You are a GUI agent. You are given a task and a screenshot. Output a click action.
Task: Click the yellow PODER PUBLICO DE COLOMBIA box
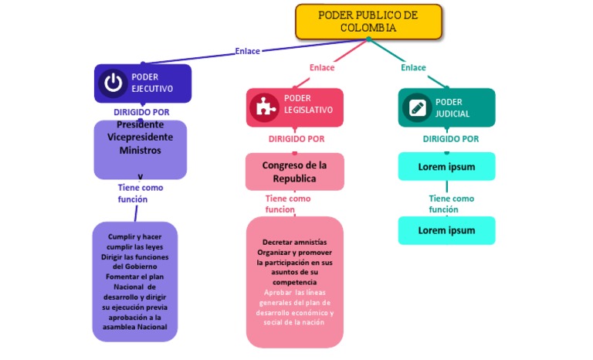click(368, 22)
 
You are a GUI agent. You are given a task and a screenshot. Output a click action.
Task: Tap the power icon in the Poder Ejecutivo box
click(114, 83)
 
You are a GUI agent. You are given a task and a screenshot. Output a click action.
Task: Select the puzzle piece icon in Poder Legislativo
click(265, 107)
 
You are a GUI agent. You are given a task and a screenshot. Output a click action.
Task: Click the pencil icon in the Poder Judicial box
click(418, 107)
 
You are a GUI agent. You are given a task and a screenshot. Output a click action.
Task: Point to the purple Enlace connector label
click(247, 52)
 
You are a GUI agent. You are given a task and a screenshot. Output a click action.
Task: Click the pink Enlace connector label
click(322, 68)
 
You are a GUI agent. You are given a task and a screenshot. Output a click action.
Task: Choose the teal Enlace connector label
click(413, 68)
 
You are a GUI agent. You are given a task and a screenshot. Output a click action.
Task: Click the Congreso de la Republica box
click(294, 172)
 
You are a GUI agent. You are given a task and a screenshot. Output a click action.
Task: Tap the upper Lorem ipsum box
click(446, 166)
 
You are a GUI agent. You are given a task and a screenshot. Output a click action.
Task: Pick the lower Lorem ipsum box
click(446, 230)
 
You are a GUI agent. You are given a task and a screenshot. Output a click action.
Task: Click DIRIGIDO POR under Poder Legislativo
click(296, 139)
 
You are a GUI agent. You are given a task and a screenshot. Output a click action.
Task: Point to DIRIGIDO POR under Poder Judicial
click(450, 139)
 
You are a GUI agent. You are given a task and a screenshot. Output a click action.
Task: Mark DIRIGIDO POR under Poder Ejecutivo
click(141, 112)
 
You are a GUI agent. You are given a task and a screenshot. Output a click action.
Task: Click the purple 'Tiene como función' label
click(140, 193)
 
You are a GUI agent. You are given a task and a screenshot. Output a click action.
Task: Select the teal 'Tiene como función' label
click(451, 204)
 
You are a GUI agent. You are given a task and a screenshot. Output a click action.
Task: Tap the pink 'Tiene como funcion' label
click(287, 204)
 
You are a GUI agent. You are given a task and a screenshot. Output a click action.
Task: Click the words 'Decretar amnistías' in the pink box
click(294, 242)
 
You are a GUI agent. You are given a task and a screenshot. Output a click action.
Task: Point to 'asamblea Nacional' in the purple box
click(134, 327)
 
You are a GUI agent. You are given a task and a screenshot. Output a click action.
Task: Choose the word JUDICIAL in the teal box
click(452, 114)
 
